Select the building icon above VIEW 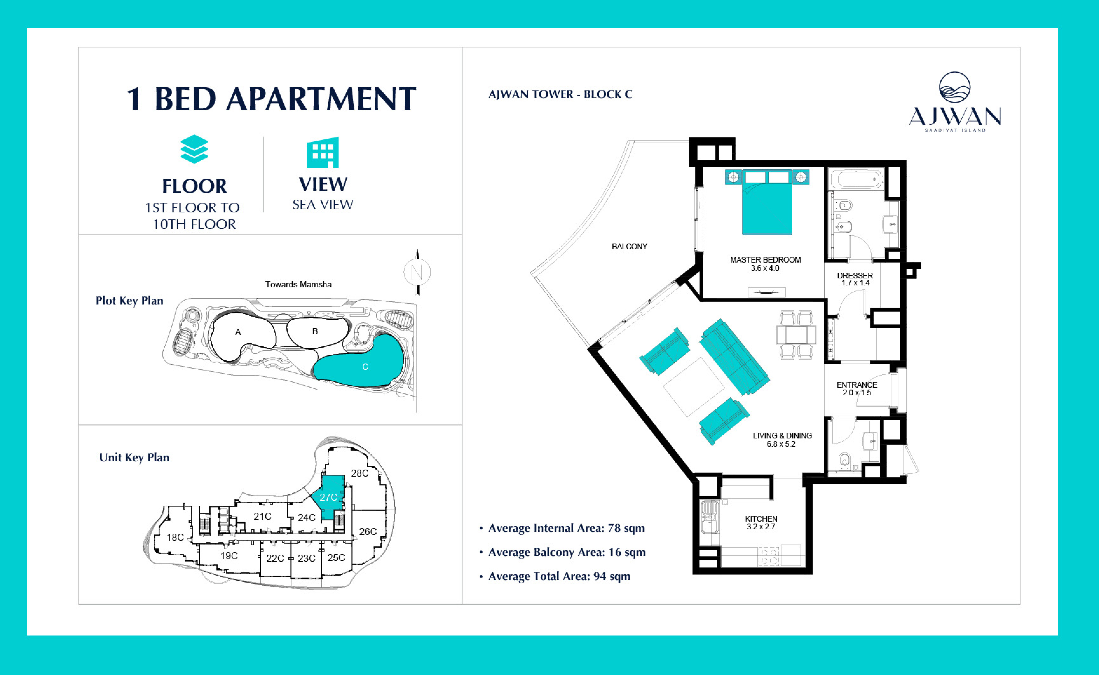click(x=323, y=152)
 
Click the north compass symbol click(x=417, y=272)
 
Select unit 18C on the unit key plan click(x=175, y=537)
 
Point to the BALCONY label click(x=630, y=246)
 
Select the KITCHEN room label click(x=761, y=519)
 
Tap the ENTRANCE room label click(x=857, y=385)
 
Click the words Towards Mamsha click(x=298, y=284)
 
